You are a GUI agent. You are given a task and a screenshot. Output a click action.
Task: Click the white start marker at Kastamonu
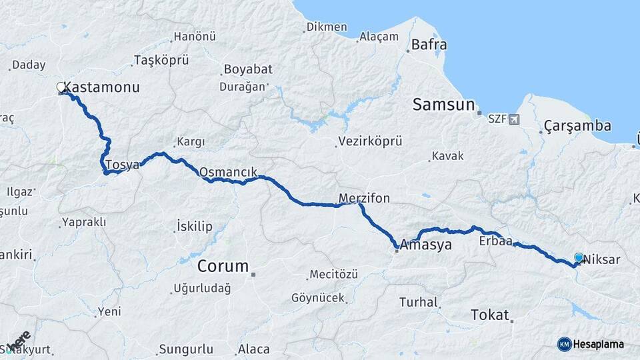tap(61, 87)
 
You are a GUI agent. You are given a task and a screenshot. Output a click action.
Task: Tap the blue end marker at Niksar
tap(579, 257)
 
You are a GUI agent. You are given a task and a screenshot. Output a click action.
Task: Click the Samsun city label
tap(443, 105)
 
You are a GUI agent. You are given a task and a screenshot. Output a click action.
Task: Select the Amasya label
tap(427, 245)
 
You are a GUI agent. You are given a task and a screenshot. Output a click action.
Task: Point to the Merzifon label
tap(364, 198)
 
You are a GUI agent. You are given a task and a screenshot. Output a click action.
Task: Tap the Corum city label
tap(223, 267)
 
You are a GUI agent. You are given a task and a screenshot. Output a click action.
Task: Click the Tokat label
tap(490, 315)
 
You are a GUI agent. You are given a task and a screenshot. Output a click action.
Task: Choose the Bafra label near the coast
tap(429, 45)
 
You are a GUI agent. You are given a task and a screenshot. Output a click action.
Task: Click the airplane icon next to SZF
tap(513, 119)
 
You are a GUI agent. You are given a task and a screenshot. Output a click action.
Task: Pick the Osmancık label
tap(228, 172)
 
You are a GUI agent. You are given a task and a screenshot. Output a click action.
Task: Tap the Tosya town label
tap(123, 164)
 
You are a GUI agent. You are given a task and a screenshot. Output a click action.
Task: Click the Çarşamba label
tap(577, 125)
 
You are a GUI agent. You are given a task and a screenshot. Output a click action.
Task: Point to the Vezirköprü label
tap(370, 141)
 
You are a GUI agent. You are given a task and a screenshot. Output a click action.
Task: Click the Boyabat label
tap(245, 69)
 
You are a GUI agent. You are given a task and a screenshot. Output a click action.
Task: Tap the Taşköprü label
tap(161, 60)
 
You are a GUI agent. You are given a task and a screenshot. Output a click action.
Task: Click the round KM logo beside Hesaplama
tap(565, 344)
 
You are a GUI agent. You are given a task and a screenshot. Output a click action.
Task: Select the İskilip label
tap(195, 227)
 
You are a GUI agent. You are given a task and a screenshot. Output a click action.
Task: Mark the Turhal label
tap(419, 302)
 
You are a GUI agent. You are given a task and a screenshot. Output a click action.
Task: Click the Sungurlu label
tap(186, 349)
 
